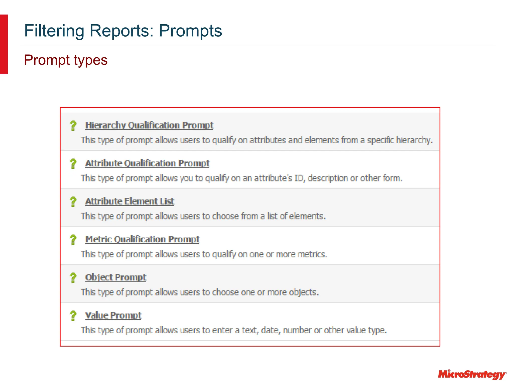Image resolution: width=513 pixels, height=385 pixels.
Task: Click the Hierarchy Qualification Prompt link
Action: pos(150,125)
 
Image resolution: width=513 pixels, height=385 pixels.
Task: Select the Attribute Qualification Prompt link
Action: pos(148,163)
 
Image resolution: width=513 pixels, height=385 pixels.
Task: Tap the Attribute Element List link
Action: pos(130,201)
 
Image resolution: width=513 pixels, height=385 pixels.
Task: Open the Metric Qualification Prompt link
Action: pos(143,239)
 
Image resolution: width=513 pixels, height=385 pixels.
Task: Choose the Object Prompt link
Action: pos(116,277)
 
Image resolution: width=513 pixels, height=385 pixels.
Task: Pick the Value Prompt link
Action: pos(113,315)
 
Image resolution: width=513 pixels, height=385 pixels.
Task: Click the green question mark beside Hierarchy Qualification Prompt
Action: pos(73,126)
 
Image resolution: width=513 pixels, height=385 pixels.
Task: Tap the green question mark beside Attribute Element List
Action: pos(73,202)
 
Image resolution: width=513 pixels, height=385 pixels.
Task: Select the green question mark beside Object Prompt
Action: pos(73,278)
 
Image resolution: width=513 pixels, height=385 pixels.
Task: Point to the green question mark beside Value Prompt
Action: pos(73,316)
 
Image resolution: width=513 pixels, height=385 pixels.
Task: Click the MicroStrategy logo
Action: pos(472,374)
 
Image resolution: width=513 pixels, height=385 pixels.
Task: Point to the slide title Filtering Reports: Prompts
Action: pos(123,31)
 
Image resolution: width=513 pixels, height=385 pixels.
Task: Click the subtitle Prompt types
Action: pos(66,60)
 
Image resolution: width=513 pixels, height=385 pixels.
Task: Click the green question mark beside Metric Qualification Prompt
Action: pos(73,240)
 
